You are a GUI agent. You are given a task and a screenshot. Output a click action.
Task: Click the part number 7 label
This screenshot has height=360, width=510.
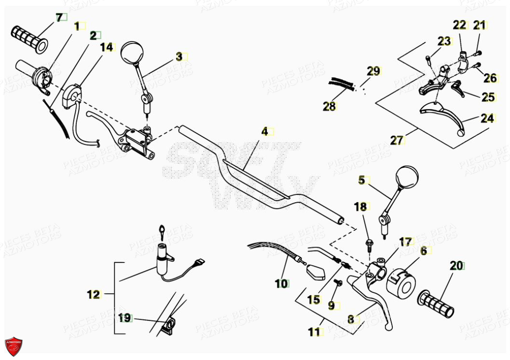point(59,18)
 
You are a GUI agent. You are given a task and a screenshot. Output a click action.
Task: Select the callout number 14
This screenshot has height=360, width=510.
point(107,47)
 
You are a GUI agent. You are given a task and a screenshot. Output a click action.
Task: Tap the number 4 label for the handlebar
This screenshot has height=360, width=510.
point(264,131)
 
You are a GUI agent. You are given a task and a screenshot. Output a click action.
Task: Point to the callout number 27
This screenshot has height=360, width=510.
point(396,140)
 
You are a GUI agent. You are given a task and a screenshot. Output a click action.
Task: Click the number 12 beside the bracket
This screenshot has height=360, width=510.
point(93,294)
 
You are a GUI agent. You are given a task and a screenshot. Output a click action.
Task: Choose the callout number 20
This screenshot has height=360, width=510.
point(455,265)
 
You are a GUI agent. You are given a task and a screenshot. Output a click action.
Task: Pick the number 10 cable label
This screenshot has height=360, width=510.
point(281,284)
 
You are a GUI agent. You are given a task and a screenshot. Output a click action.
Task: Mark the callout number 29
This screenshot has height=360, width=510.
point(373,71)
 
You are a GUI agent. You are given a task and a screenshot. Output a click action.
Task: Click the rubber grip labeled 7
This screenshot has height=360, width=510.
point(29,39)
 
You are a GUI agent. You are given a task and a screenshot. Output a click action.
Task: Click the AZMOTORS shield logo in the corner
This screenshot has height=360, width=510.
point(13,346)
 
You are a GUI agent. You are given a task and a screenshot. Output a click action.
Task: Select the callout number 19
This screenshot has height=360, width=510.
point(124,318)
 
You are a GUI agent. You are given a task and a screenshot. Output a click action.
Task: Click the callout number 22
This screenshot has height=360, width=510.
point(459,25)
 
